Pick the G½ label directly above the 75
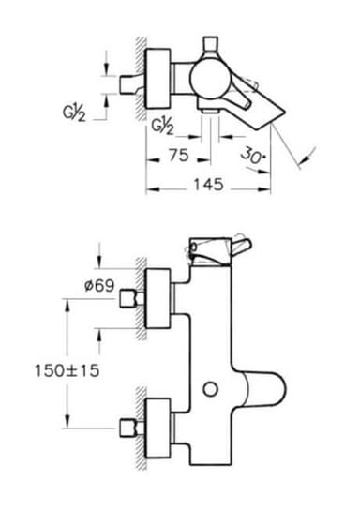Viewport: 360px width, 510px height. [161, 125]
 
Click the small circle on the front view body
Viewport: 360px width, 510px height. [211, 387]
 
